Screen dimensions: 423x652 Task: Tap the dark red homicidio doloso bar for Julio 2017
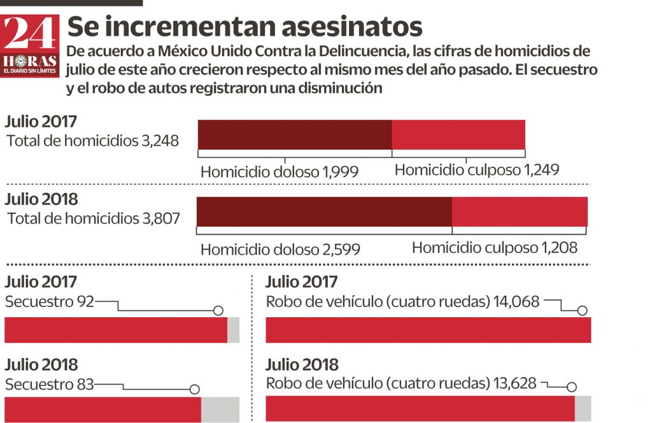[294, 134]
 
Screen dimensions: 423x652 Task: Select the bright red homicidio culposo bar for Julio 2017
[458, 134]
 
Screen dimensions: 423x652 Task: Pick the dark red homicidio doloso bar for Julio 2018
[324, 212]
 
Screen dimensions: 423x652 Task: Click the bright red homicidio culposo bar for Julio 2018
[520, 212]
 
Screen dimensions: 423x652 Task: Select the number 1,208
[559, 248]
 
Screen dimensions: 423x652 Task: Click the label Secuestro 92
[49, 302]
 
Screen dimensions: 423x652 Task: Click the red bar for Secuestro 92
[116, 330]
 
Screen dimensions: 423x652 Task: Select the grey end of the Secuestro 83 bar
[220, 410]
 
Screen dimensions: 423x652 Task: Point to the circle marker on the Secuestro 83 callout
[195, 389]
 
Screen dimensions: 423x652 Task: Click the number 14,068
[516, 302]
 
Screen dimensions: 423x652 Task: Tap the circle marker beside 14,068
[581, 311]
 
